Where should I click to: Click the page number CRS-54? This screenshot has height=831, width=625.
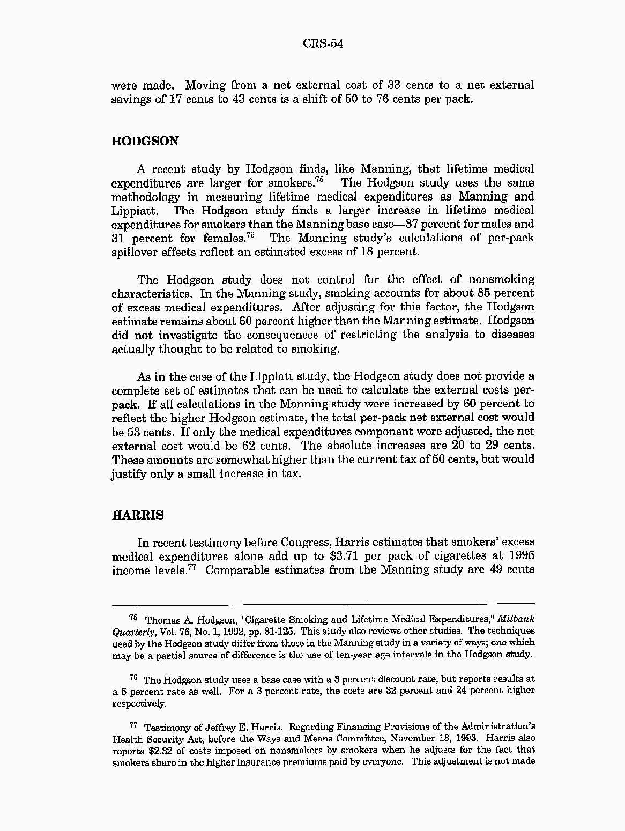click(x=322, y=43)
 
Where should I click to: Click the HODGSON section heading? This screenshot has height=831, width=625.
click(x=145, y=141)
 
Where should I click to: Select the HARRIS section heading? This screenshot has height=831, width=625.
click(x=138, y=515)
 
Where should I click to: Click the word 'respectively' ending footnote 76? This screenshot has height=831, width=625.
click(x=139, y=703)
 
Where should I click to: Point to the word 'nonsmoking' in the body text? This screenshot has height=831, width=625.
click(x=501, y=279)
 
